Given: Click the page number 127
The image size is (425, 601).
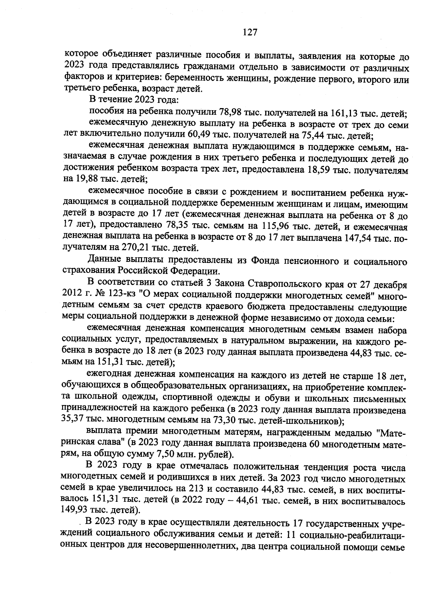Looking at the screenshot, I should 249,33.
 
